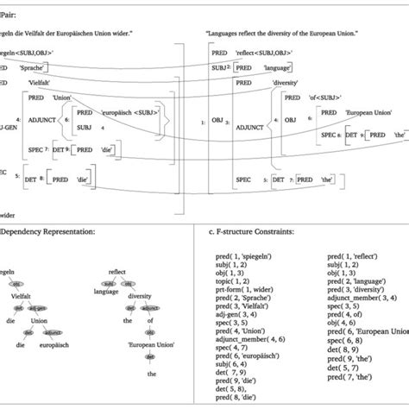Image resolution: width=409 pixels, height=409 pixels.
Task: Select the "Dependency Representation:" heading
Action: (x=53, y=230)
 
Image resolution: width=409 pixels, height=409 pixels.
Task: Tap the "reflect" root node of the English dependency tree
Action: (x=118, y=269)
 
